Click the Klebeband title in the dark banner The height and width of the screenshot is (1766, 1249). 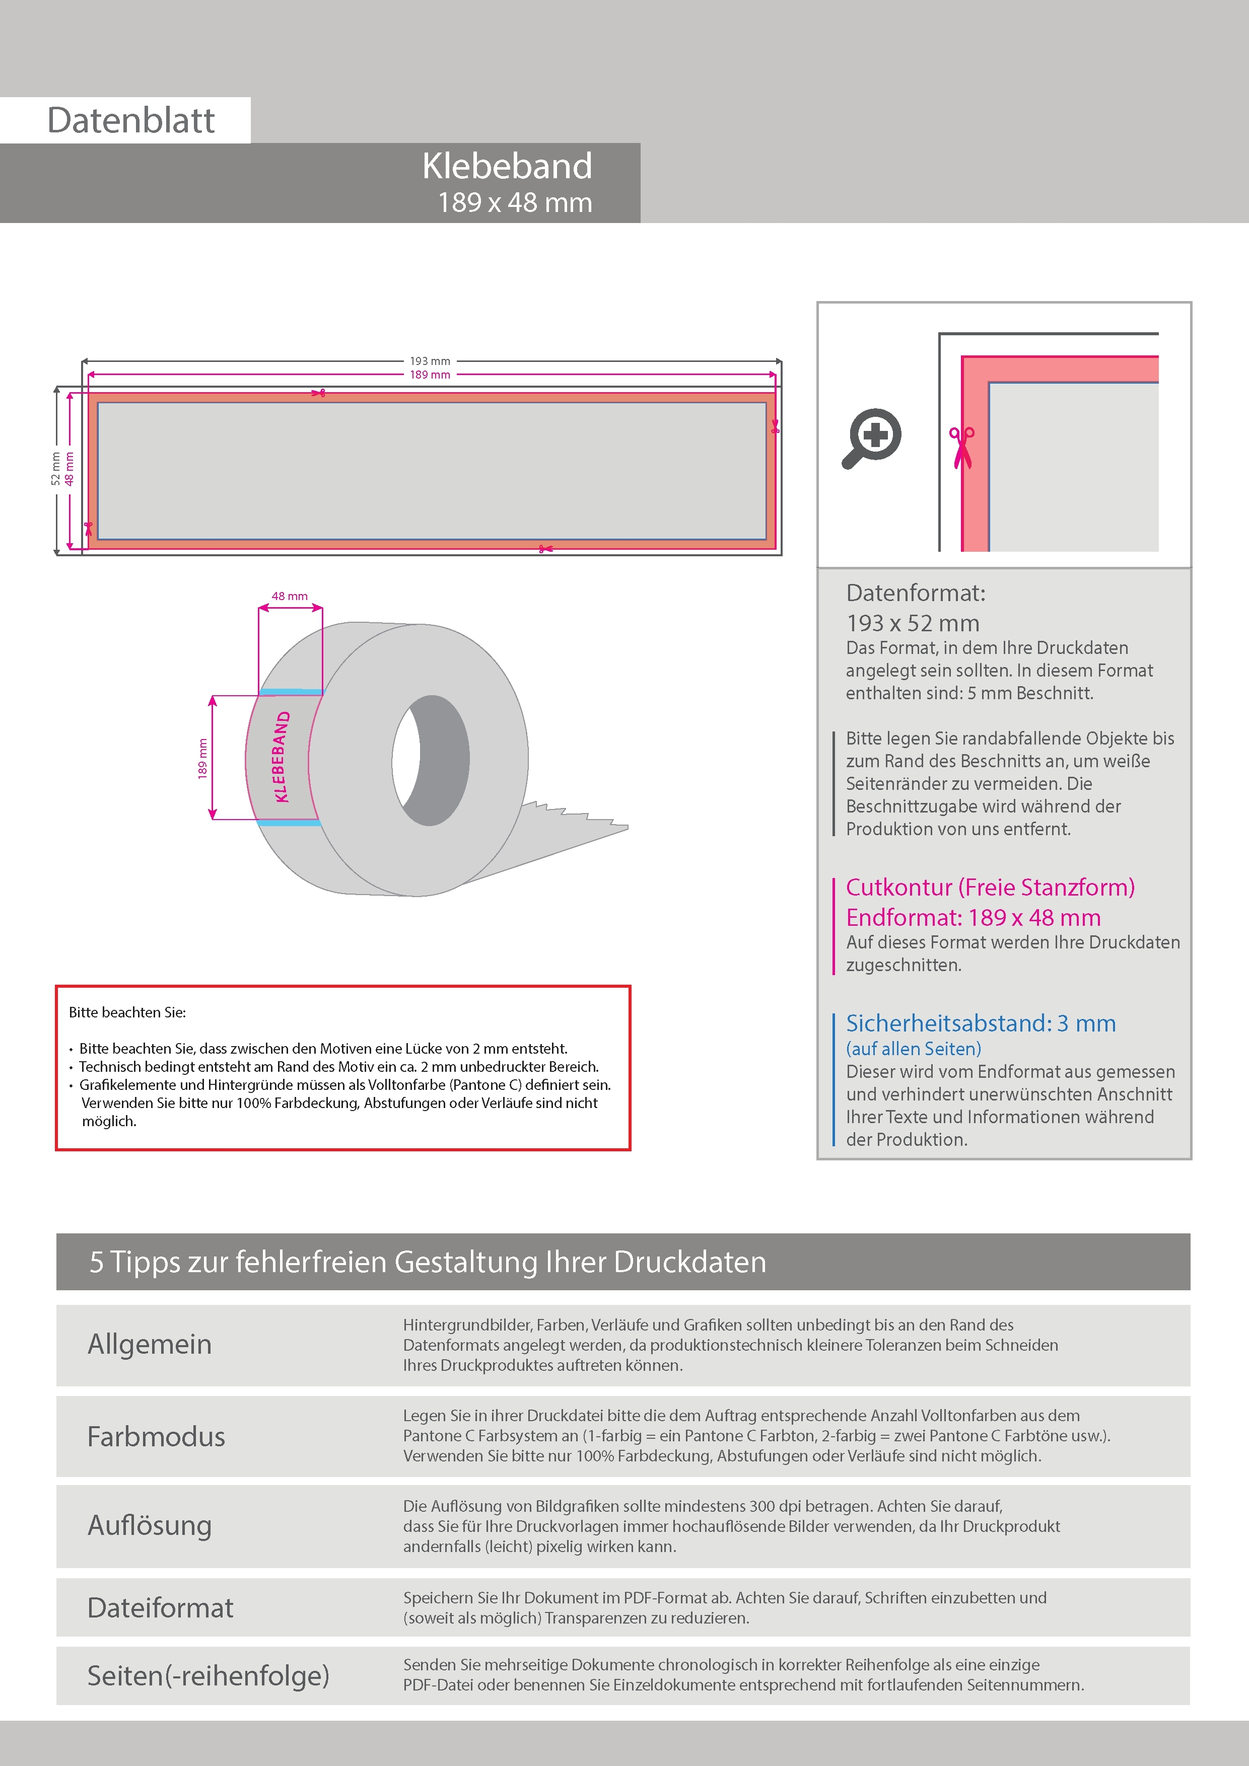click(507, 166)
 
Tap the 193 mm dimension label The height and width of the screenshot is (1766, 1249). click(430, 361)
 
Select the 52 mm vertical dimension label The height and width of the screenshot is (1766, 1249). click(55, 468)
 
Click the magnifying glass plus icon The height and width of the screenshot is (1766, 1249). click(872, 437)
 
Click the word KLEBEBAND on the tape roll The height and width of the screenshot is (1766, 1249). click(281, 757)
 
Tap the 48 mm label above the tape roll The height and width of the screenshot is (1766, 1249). click(290, 596)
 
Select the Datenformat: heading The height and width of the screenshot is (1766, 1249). click(915, 593)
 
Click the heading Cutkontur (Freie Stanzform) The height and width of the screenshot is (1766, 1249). click(990, 887)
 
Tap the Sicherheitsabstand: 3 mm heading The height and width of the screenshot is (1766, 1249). click(981, 1023)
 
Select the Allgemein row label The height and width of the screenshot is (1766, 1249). click(149, 1344)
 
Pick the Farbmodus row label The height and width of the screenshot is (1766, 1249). click(156, 1436)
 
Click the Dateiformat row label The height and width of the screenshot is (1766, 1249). click(160, 1607)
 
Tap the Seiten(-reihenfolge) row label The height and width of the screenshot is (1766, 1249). click(208, 1675)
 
